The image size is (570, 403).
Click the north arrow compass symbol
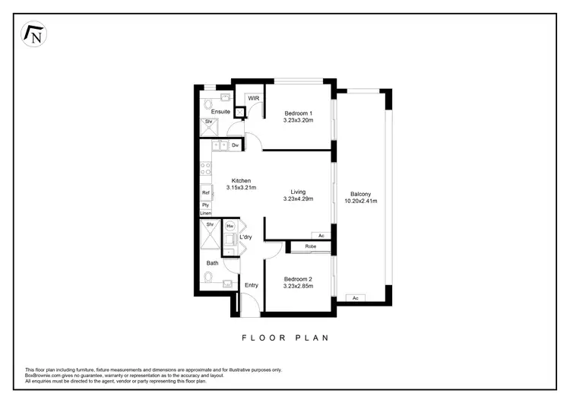point(33,34)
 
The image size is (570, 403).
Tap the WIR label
point(253,98)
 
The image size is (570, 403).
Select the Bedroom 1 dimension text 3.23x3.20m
point(298,120)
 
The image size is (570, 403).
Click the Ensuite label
point(220,112)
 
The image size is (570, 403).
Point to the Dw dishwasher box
point(236,144)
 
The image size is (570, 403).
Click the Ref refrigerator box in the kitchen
point(205,193)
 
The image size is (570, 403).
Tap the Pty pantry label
point(205,205)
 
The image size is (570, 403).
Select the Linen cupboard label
point(206,214)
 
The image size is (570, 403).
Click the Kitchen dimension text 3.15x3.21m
point(242,188)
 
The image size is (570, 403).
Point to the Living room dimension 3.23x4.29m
point(298,198)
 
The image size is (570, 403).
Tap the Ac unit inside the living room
point(321,236)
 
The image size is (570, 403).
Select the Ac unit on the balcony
point(356,297)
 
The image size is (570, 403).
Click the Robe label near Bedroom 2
point(311,247)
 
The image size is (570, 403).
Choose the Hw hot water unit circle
point(230,227)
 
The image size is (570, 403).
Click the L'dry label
point(245,237)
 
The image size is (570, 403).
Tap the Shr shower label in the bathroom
point(209,224)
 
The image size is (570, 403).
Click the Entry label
point(251,285)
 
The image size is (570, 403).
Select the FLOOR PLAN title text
point(285,337)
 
